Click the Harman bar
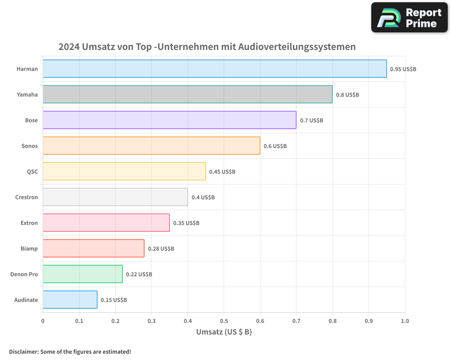[x=215, y=69]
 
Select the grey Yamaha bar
[x=188, y=94]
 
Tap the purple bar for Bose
[x=169, y=120]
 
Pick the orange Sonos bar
[x=151, y=146]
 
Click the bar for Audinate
[x=70, y=300]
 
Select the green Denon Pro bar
[x=82, y=274]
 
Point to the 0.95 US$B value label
[x=403, y=69]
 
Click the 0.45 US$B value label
[x=222, y=172]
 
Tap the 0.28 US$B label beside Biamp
[x=161, y=249]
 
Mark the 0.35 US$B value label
[x=186, y=223]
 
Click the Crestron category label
[x=27, y=198]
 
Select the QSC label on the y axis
[x=32, y=172]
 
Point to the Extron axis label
[x=29, y=223]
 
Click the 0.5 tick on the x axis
[x=224, y=321]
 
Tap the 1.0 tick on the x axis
[x=405, y=321]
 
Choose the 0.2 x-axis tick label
[x=115, y=321]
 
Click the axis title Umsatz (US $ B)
[x=224, y=332]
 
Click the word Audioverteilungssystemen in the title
[x=297, y=47]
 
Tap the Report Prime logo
[x=409, y=18]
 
